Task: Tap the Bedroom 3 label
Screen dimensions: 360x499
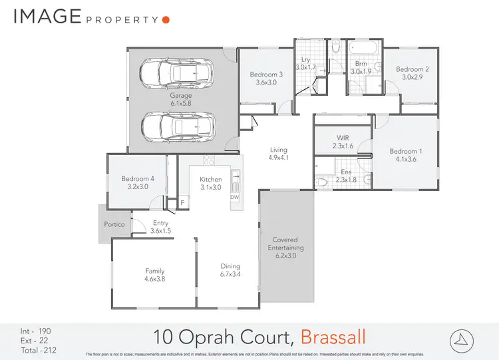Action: [266, 75]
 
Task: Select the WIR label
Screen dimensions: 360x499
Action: [343, 138]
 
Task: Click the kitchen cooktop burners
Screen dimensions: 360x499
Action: [208, 160]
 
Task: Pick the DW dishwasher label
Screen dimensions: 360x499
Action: [234, 197]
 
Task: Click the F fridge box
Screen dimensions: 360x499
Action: [183, 203]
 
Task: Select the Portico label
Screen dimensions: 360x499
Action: [114, 225]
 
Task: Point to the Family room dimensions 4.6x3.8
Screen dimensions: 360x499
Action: [154, 279]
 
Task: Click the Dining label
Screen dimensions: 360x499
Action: [230, 266]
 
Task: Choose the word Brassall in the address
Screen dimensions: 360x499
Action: [333, 335]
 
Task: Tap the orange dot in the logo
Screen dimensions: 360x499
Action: [166, 20]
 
